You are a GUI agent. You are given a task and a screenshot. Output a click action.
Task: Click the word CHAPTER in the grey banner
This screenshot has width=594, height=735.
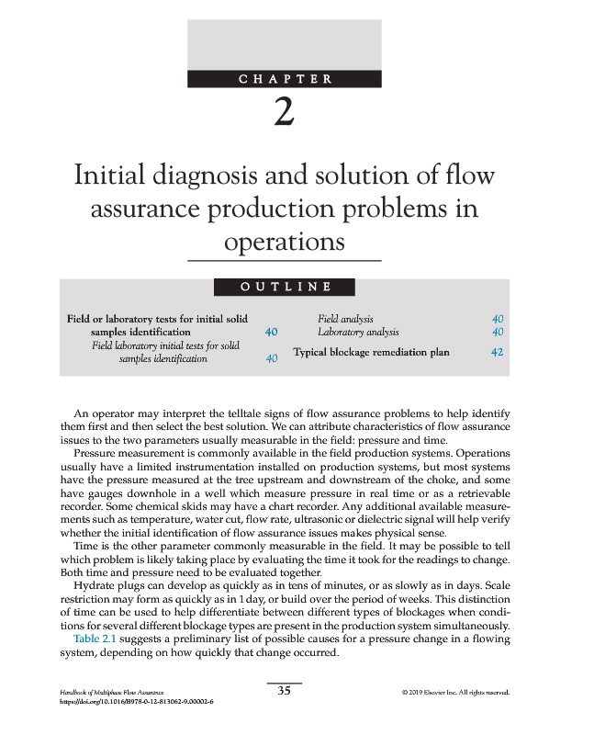[286, 79]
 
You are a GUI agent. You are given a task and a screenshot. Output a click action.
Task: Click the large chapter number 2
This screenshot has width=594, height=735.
[285, 113]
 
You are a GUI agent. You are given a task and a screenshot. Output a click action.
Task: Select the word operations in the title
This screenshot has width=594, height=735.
[285, 242]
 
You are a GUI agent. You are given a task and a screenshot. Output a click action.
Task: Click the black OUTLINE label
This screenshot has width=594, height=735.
[285, 287]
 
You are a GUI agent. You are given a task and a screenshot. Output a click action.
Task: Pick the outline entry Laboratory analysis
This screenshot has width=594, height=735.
[358, 332]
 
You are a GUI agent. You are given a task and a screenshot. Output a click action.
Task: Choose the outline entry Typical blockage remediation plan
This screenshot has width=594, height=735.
[371, 352]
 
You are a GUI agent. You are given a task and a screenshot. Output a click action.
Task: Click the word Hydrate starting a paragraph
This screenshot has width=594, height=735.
[93, 585]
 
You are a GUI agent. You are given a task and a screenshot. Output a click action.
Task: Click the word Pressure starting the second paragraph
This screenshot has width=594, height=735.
[95, 454]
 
